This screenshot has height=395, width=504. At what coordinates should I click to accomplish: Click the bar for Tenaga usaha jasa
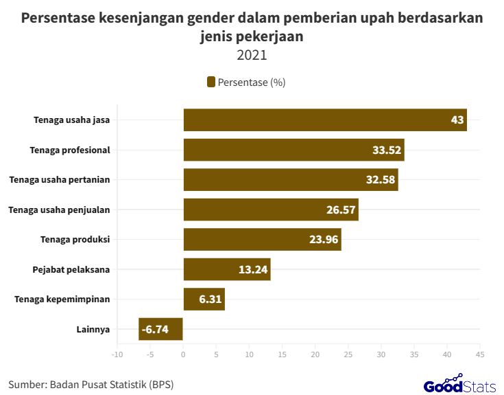[x=324, y=120]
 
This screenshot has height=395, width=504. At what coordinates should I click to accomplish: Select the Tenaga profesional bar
[x=293, y=150]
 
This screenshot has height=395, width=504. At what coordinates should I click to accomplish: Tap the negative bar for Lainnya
[x=160, y=329]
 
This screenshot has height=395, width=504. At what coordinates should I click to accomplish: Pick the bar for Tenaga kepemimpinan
[x=204, y=300]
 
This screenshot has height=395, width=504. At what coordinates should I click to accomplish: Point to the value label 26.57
[x=341, y=210]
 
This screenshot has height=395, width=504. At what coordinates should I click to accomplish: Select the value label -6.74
[x=154, y=330]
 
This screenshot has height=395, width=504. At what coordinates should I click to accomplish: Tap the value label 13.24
[x=253, y=269]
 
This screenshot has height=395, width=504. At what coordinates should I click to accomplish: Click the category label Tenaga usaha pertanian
[x=60, y=179]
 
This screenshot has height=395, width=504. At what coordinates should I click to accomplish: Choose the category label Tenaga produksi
[x=76, y=239]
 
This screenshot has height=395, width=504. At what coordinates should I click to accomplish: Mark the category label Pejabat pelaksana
[x=71, y=269]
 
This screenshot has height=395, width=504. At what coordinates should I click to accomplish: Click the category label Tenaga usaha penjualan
[x=59, y=210]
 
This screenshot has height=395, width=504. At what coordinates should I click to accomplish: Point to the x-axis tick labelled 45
[x=480, y=354]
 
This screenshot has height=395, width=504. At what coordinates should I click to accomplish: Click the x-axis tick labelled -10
[x=117, y=354]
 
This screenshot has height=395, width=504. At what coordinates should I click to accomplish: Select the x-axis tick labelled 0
[x=183, y=354]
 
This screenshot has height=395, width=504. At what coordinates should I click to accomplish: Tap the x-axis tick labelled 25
[x=348, y=354]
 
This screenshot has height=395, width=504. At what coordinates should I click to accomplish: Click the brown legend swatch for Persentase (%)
[x=211, y=82]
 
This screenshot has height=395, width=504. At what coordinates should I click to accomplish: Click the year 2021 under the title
[x=252, y=55]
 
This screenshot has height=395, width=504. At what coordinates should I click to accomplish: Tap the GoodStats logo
[x=459, y=385]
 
